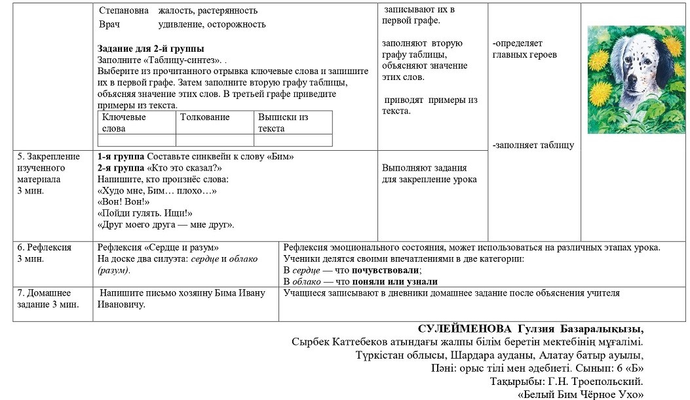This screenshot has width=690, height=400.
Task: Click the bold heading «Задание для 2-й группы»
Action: (x=151, y=49)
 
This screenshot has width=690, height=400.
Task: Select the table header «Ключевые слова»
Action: (x=124, y=123)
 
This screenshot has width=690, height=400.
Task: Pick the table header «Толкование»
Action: (x=204, y=117)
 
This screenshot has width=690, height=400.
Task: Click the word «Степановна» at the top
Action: (x=124, y=10)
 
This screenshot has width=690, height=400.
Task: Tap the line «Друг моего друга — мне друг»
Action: (x=166, y=225)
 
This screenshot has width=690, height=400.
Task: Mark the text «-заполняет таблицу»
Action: (x=533, y=145)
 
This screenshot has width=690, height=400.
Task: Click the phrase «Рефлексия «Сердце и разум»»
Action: (x=158, y=247)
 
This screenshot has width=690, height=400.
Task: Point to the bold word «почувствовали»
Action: (x=386, y=270)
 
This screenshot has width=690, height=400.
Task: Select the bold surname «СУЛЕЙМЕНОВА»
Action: (x=465, y=329)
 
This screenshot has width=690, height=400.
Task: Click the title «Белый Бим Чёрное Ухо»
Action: (x=581, y=394)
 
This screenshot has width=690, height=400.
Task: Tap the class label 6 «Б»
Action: (x=630, y=368)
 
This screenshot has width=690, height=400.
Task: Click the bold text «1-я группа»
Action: (x=121, y=157)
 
